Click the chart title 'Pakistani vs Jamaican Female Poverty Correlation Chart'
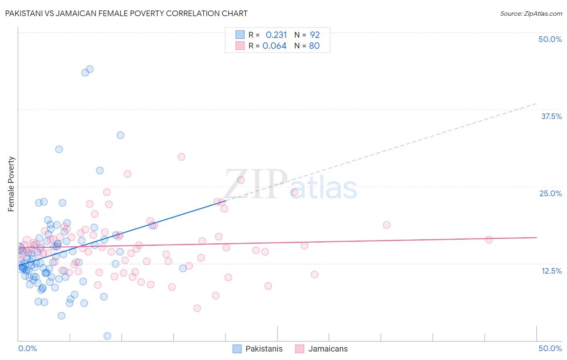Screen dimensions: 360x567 [x=126, y=13]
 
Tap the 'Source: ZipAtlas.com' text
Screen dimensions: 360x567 [x=531, y=13]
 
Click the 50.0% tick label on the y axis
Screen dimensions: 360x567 [x=550, y=39]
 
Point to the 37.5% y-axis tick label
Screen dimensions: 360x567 [x=551, y=116]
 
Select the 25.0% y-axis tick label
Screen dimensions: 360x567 [x=550, y=193]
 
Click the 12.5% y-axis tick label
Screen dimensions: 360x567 [x=551, y=271]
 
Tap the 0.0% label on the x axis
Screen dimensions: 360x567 [x=27, y=348]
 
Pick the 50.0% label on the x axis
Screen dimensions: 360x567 [x=550, y=348]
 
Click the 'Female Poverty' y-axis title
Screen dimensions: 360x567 [x=11, y=184]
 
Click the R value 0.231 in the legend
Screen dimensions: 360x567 [x=276, y=35]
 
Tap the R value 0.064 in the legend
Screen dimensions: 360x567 [x=275, y=46]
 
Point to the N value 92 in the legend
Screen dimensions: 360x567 [x=315, y=35]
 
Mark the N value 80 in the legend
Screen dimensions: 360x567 [x=314, y=46]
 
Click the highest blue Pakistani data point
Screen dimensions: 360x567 [x=90, y=69]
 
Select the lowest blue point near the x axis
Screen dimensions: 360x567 [x=107, y=336]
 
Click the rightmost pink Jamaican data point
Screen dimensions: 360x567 [x=489, y=239]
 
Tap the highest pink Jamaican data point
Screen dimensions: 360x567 [x=181, y=157]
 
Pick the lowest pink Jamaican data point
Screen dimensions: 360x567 [x=197, y=308]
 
